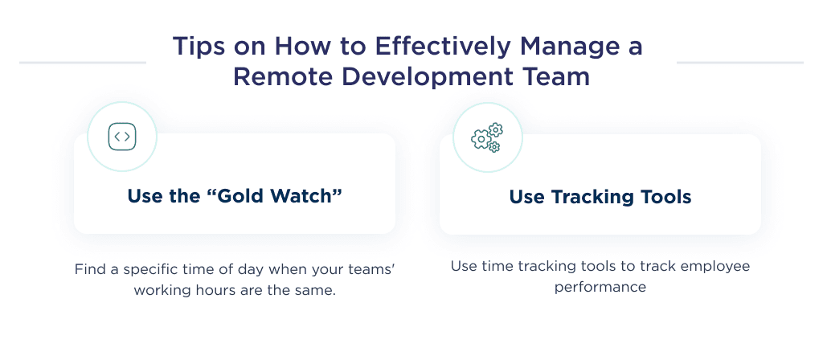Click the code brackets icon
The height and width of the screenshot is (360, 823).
click(122, 137)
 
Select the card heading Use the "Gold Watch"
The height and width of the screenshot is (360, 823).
click(235, 196)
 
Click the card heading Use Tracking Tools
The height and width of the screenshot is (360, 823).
click(600, 197)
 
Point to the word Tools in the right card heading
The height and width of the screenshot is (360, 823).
click(665, 197)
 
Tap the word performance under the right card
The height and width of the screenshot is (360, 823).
click(600, 287)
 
